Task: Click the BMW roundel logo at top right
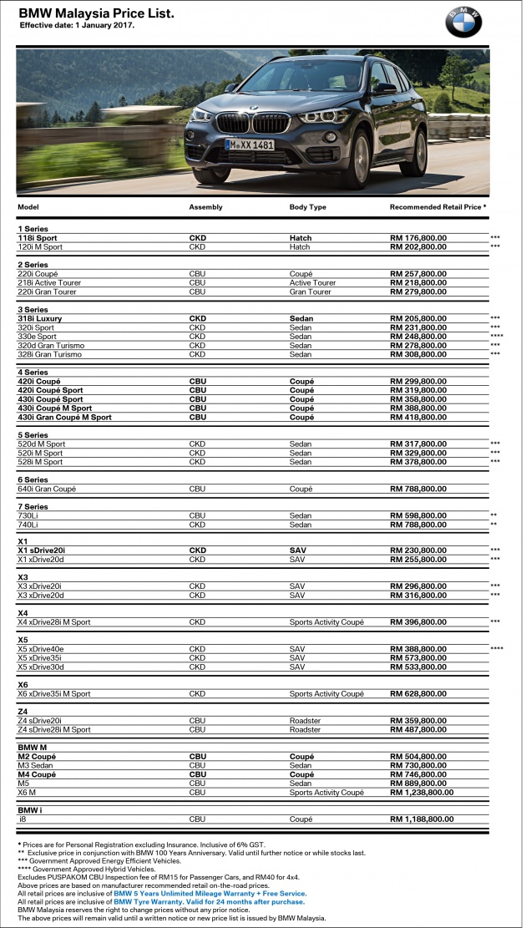coord(463,22)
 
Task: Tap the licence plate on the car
coord(250,145)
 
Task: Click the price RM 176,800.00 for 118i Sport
coord(418,238)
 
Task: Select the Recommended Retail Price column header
coord(437,206)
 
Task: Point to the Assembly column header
coord(205,206)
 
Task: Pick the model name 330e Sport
coord(38,337)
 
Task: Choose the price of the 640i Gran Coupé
coord(418,489)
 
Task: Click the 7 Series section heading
coord(33,507)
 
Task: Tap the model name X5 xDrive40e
coord(45,649)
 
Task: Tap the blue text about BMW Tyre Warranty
coord(209,902)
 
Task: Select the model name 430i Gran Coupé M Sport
coord(64,417)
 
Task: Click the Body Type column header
coord(307,206)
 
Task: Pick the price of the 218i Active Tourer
coord(418,283)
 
